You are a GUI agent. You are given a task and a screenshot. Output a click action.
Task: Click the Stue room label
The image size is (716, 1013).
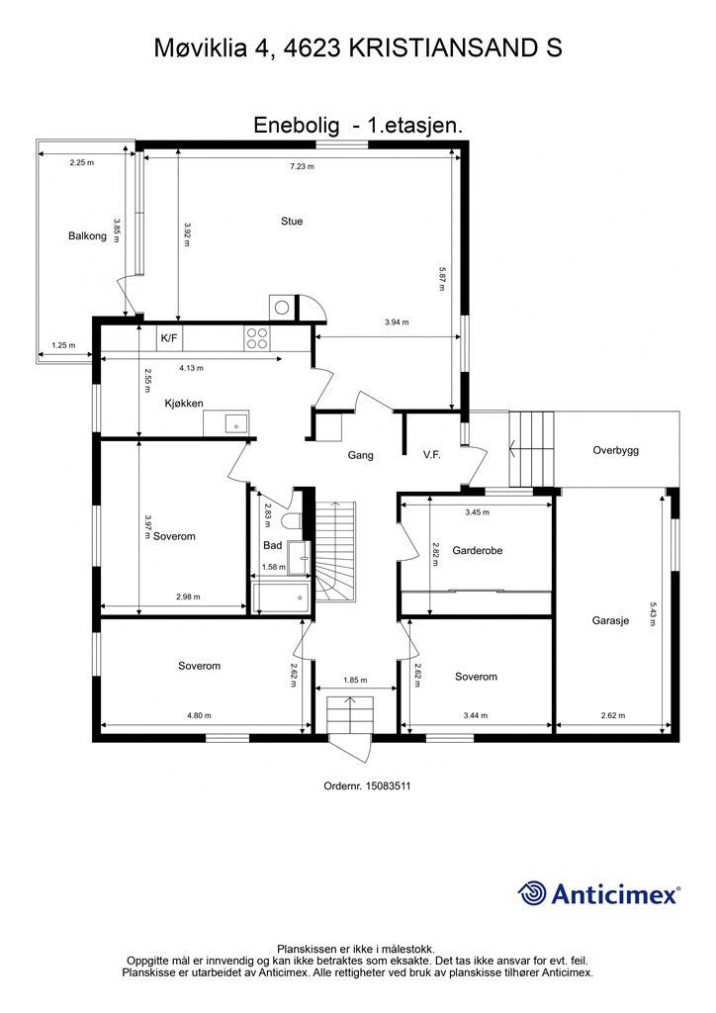coord(292,221)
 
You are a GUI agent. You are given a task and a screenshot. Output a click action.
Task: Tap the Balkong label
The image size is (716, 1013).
coord(87,235)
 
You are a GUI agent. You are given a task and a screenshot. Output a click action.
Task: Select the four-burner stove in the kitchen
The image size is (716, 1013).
coord(257,338)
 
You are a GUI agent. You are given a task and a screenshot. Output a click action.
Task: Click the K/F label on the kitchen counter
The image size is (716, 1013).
coord(169,338)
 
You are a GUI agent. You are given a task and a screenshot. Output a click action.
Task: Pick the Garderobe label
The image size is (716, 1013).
coord(477,550)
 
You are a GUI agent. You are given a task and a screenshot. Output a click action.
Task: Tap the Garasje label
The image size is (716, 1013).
coord(610,621)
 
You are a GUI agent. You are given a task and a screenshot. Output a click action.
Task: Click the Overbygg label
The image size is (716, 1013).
coord(616,450)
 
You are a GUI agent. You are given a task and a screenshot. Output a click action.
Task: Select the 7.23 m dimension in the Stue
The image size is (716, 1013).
coord(303,166)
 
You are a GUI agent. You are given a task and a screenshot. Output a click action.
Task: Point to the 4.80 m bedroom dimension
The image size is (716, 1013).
coord(199,715)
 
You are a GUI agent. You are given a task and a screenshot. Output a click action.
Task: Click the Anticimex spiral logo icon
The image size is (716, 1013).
coord(532,893)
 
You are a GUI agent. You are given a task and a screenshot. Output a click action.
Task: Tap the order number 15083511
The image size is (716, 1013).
coord(388,786)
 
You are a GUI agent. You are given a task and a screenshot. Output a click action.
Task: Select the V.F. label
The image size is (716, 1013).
coord(432,455)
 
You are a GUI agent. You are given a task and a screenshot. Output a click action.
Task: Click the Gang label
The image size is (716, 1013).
coord(360,455)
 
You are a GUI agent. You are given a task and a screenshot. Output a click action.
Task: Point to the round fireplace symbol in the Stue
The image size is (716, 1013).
coord(282,307)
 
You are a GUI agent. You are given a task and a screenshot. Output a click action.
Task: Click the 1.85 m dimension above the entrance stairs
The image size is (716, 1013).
coord(355,681)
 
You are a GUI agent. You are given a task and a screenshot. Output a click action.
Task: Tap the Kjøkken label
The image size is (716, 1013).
coord(184,404)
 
